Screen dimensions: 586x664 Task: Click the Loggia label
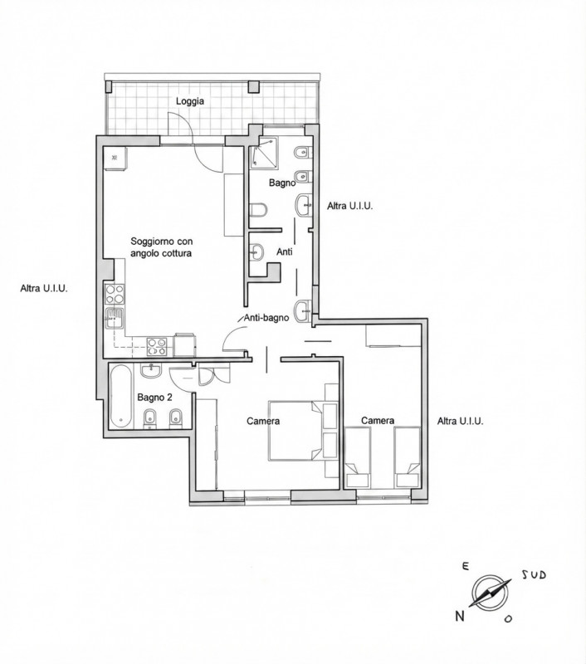pos(190,101)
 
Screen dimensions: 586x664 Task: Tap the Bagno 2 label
pos(154,398)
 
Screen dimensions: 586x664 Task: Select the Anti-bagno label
pos(266,318)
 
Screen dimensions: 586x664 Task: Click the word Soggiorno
pos(150,242)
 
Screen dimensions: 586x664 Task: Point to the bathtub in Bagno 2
pos(121,396)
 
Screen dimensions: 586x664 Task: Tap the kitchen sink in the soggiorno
pos(115,318)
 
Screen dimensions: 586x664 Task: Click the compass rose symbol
pos(490,593)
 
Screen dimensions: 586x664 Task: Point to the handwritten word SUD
pos(534,575)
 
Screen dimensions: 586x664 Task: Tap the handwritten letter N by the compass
pos(459,617)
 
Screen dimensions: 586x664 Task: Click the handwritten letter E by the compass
pos(466,567)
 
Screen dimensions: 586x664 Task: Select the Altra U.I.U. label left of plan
pos(44,289)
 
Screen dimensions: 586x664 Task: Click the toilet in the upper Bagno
pos(258,210)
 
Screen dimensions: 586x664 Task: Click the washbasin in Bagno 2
pos(151,371)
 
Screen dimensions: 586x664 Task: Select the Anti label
pos(285,252)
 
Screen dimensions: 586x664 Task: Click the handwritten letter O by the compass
pos(508,618)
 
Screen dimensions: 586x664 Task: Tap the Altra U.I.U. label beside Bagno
pos(349,206)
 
